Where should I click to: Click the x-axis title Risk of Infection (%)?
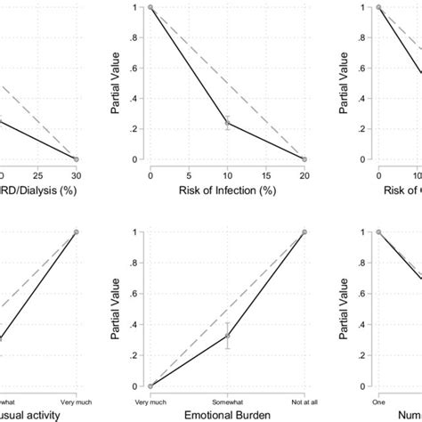(227, 190)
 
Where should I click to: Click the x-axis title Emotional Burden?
(227, 415)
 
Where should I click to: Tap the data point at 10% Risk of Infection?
(227, 123)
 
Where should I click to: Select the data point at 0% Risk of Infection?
(150, 7)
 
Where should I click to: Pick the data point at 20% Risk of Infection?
(304, 159)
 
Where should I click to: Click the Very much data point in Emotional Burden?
(150, 385)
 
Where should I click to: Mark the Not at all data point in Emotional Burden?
(304, 232)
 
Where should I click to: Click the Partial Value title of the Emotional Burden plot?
(116, 309)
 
